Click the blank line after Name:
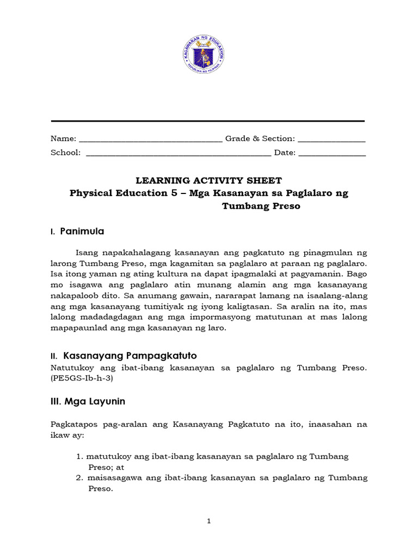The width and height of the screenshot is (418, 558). point(151,140)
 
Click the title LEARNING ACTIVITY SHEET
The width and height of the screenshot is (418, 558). point(208,180)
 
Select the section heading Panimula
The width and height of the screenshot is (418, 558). point(84,232)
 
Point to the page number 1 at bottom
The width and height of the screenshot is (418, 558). point(208,521)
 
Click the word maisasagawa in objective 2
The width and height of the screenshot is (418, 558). point(115,478)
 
